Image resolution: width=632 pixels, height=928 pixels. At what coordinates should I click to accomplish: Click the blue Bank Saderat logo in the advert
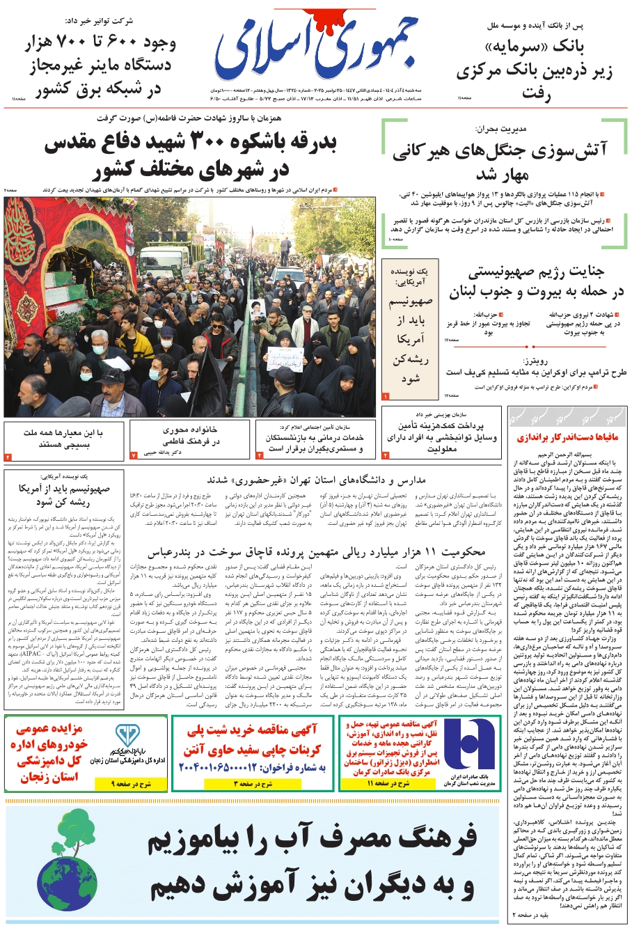pos(468,744)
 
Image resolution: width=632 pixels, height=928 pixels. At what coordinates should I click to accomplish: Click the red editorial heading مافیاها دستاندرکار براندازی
pos(567,438)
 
